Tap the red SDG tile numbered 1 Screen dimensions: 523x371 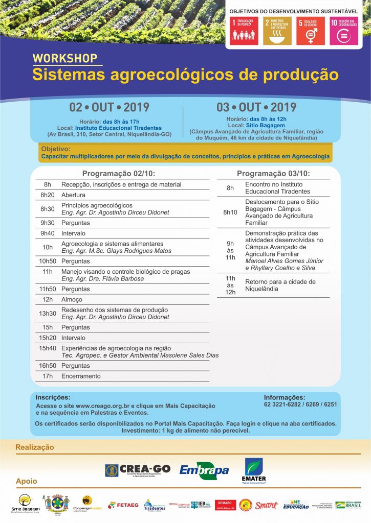click(x=244, y=30)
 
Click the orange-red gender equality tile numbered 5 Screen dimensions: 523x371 click(x=311, y=30)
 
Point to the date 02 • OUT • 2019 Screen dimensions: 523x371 click(x=110, y=107)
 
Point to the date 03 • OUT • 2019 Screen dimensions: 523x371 click(x=256, y=107)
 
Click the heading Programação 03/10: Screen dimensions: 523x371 click(x=273, y=174)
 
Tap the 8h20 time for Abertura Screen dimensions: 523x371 click(x=48, y=195)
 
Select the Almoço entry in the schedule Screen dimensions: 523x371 click(x=72, y=299)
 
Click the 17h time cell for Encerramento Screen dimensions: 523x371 click(x=48, y=376)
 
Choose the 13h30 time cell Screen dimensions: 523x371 click(x=48, y=313)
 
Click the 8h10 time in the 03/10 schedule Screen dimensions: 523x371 click(x=230, y=212)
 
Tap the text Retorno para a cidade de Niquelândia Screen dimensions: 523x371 click(x=280, y=285)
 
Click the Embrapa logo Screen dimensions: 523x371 click(x=204, y=470)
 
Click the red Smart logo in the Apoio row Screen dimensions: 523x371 click(x=266, y=505)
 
